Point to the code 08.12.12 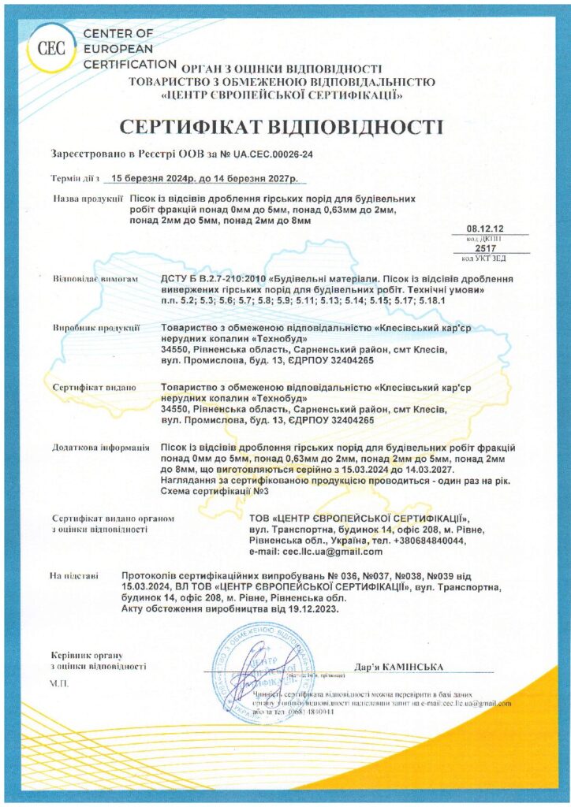tap(483, 227)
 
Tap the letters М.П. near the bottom tap(59, 682)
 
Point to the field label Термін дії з tap(77, 178)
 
